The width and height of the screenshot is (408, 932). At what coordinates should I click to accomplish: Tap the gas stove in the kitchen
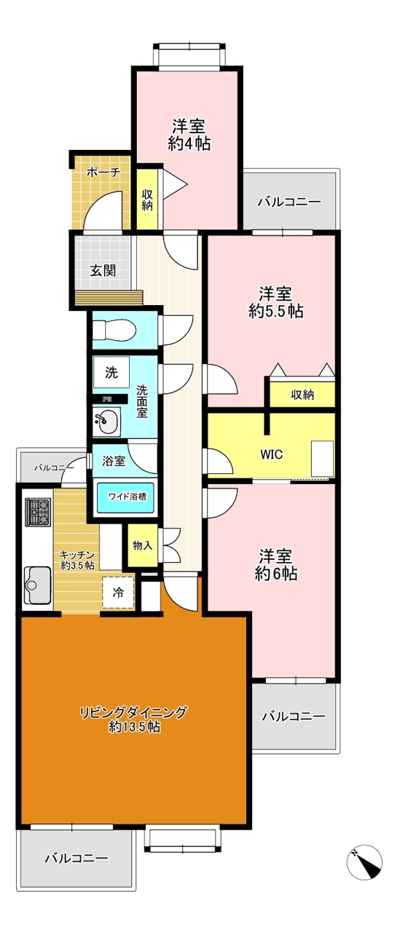(37, 512)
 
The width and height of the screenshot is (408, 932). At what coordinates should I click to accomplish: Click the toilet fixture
(115, 331)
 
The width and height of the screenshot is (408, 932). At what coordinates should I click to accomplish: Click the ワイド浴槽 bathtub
(127, 497)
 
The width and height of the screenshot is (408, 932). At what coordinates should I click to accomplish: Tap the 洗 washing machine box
(111, 374)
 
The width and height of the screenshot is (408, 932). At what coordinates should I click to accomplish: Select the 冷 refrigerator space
(118, 593)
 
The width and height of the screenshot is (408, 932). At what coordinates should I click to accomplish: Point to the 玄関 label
(102, 270)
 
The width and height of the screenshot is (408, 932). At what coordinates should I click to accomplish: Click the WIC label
(272, 454)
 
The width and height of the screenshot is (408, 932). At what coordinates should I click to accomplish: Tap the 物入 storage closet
(142, 545)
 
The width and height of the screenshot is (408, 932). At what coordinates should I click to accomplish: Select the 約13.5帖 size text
(135, 727)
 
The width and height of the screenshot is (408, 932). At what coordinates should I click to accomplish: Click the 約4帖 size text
(189, 144)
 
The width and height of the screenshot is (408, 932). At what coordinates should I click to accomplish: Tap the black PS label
(107, 399)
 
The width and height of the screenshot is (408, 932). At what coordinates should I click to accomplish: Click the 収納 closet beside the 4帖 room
(147, 200)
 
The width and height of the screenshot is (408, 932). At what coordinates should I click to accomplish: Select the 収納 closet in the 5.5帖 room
(302, 395)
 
